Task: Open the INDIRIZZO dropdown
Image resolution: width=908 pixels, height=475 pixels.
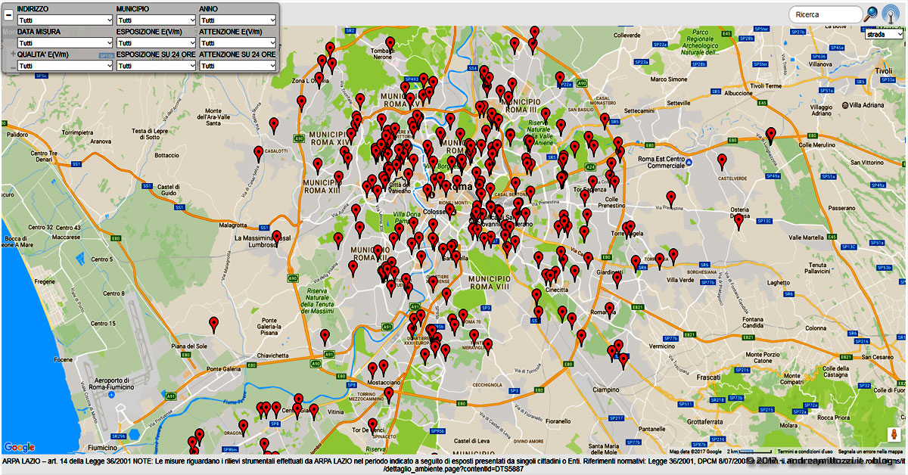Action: [64, 20]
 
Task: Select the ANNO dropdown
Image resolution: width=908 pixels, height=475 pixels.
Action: [238, 20]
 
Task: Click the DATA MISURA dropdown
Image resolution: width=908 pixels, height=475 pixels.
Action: [64, 43]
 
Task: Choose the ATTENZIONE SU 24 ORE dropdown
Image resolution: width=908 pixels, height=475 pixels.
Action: [238, 66]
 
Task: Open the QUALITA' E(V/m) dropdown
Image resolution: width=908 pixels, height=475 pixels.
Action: [64, 66]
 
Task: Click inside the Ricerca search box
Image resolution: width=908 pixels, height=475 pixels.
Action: [825, 14]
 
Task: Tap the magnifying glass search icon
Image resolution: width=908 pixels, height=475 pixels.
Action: [872, 14]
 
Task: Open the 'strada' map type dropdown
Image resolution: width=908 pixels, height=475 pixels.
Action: [885, 34]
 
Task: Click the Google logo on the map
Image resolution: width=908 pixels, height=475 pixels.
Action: [19, 447]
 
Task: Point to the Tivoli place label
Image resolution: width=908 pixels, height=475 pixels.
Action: [884, 71]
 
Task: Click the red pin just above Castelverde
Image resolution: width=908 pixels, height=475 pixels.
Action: [723, 161]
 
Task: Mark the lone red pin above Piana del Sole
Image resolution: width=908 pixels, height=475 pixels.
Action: [214, 324]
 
